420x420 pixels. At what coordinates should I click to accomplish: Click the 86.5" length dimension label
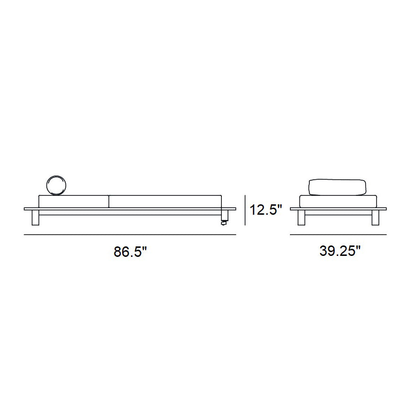[x=131, y=252]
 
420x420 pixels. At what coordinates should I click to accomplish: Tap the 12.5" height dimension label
[x=266, y=210]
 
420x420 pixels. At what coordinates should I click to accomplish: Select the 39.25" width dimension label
[x=340, y=251]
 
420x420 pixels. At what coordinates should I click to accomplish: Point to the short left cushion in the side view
[x=74, y=201]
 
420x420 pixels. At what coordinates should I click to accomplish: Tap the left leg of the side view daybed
[x=35, y=218]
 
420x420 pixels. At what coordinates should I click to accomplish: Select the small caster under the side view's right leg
[x=223, y=223]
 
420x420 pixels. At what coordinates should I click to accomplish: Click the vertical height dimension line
[x=245, y=210]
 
